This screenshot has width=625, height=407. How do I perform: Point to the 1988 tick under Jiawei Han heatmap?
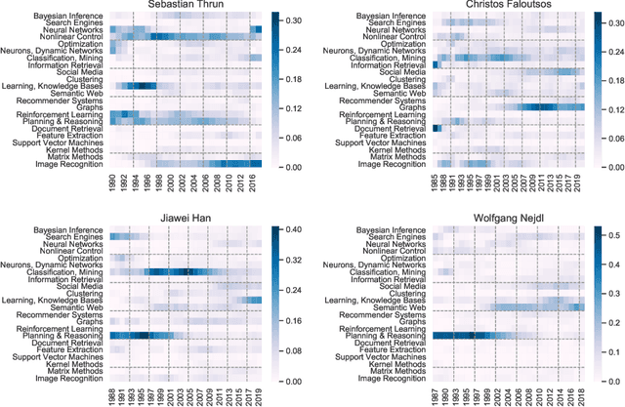[x=111, y=398]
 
